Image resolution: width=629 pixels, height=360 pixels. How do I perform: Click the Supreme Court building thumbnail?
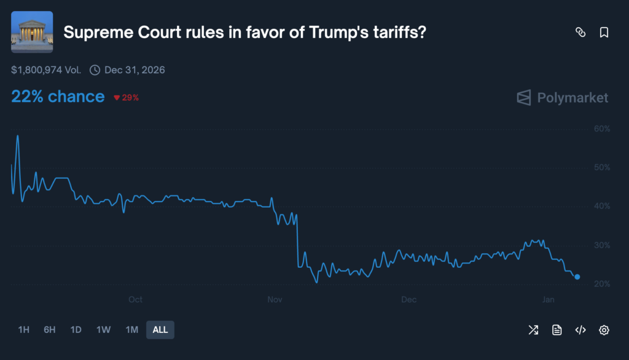32,32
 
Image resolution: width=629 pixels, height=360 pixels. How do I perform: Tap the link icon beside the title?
580,33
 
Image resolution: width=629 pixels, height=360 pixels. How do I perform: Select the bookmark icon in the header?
604,33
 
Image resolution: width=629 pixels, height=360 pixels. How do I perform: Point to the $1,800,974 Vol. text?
46,70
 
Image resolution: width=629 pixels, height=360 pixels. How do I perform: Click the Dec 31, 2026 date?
135,70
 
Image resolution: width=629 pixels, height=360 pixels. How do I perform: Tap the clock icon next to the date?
95,70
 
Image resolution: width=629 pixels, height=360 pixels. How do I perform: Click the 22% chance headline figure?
58,96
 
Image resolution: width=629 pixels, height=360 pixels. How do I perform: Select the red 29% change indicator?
127,98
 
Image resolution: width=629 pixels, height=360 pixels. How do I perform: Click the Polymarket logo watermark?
563,98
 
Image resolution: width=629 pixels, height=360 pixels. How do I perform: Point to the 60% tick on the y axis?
601,128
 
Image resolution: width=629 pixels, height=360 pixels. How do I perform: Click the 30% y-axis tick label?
601,245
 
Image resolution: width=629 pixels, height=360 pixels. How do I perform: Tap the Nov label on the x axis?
275,300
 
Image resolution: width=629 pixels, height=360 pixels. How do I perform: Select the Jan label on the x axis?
549,300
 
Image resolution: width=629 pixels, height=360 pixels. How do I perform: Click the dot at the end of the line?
577,277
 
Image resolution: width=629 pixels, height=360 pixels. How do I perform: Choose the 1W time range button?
103,330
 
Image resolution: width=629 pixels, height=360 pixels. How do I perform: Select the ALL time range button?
160,330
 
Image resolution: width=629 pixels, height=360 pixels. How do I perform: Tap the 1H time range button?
24,330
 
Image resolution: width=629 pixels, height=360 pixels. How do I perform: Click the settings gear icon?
604,331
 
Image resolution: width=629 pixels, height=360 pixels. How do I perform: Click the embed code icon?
580,331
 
